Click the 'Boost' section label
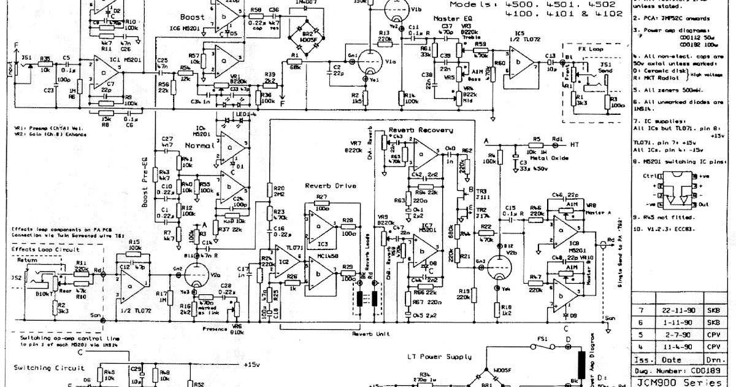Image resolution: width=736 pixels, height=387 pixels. tap(193, 17)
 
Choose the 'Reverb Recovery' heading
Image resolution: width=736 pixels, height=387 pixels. tap(421, 130)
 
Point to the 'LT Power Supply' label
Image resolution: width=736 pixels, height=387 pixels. tap(441, 356)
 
